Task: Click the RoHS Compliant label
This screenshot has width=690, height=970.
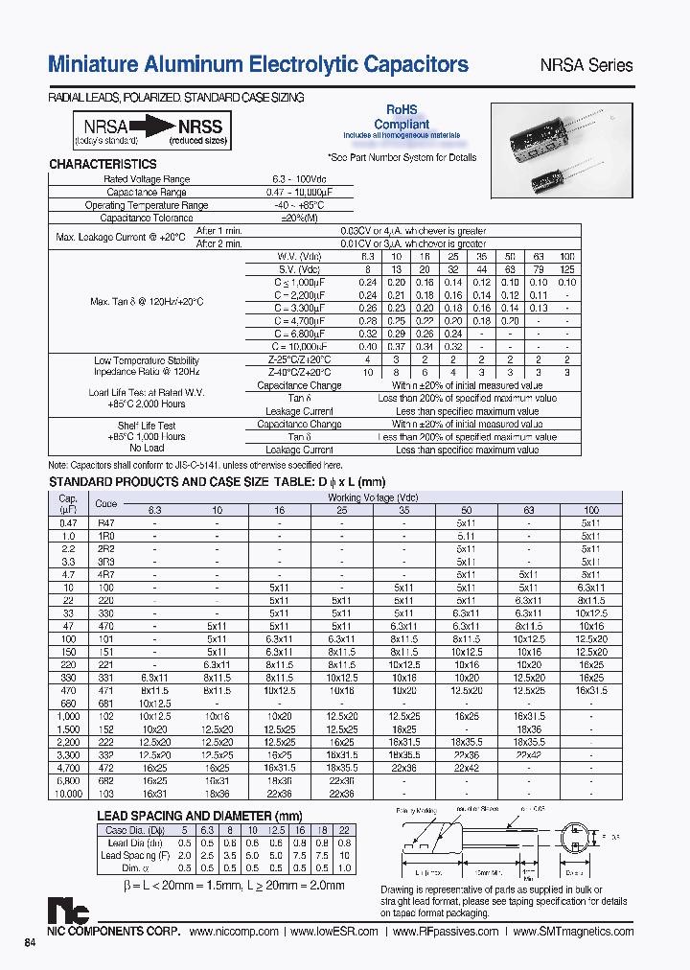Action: pos(402,117)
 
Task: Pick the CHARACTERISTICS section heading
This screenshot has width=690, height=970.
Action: pos(103,164)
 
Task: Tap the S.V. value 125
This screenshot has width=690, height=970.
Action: pos(567,269)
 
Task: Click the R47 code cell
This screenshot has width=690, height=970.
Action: pos(106,523)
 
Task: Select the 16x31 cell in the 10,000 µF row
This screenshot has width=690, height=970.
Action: pos(155,794)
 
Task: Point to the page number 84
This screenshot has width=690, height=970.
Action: pos(30,943)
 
